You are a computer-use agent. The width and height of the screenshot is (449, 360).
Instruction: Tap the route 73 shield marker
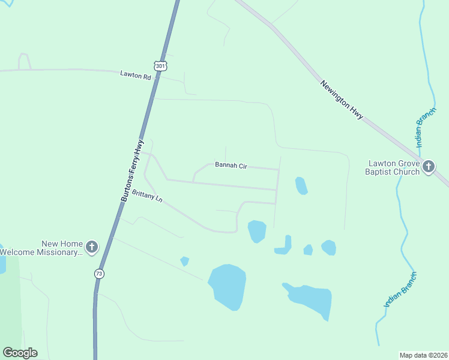coord(99,274)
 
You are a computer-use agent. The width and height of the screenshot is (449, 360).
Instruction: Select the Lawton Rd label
coord(135,75)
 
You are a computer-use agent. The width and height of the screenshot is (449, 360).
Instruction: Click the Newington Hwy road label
coord(342,100)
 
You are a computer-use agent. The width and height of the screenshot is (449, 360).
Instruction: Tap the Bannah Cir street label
coord(231,165)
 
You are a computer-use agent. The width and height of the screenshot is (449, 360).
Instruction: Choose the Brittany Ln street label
coord(147,196)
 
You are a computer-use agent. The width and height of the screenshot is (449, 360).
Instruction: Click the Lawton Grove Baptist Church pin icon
coord(428,166)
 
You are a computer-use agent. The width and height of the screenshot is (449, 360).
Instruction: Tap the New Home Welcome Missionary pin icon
coord(91,246)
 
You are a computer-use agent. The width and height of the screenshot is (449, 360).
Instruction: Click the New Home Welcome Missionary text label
coord(41,248)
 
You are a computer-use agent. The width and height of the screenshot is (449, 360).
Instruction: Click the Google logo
coord(20,353)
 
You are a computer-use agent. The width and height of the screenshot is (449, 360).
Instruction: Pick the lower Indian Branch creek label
coord(400,290)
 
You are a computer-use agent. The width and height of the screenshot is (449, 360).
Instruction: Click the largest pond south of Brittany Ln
coord(228,286)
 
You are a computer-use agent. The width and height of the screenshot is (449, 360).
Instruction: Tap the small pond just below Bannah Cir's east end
coord(301,185)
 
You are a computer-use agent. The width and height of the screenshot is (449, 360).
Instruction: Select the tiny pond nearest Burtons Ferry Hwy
coord(185,261)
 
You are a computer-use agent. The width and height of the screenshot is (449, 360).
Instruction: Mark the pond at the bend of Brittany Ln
coord(257,231)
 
